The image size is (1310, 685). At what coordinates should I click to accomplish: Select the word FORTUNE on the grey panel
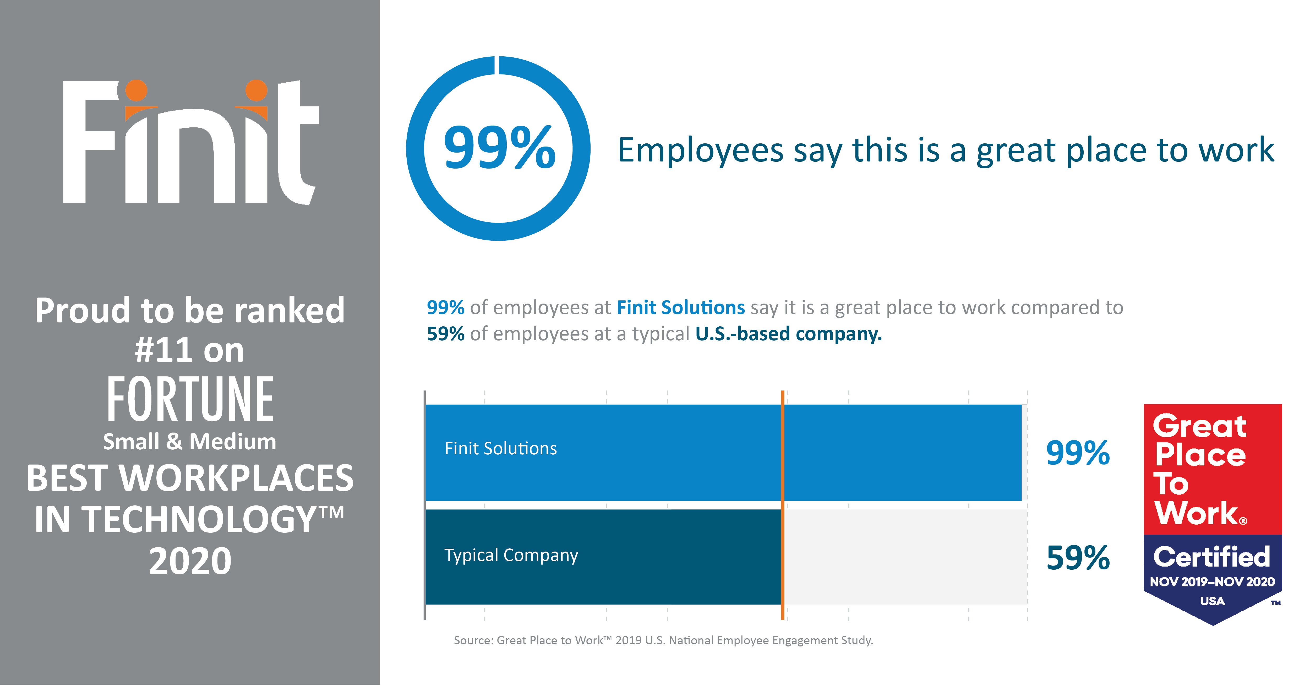pos(190,400)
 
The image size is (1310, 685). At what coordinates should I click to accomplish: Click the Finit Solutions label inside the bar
pos(500,448)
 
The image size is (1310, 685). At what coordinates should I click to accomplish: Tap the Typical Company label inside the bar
pos(511,555)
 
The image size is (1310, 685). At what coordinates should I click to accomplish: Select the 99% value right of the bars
pos(1078,453)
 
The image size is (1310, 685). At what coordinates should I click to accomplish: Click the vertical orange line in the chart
pos(783,504)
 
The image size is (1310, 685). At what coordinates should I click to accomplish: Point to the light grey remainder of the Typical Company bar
pos(905,557)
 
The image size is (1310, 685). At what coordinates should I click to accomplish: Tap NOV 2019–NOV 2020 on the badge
pos(1212,582)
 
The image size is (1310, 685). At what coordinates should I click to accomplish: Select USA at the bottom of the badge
pos(1212,601)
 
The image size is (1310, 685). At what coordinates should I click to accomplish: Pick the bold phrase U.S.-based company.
pos(788,334)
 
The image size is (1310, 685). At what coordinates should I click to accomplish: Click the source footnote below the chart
pos(663,640)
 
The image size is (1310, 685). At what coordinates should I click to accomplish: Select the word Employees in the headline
pos(700,151)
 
